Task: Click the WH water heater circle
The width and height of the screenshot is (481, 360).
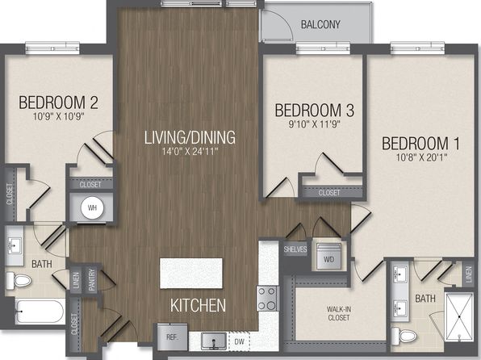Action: click(92, 207)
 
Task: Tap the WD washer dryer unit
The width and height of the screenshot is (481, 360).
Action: click(328, 257)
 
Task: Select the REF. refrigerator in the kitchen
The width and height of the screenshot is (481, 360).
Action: click(172, 337)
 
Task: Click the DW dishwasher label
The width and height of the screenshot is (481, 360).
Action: click(239, 341)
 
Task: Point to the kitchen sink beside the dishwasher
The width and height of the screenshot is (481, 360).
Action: click(214, 341)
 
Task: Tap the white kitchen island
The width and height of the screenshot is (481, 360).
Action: click(190, 273)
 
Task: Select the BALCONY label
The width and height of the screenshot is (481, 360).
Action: click(320, 24)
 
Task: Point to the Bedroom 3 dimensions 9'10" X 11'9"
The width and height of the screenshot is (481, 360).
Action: click(315, 124)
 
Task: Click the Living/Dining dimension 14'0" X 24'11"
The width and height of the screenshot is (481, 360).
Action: click(190, 151)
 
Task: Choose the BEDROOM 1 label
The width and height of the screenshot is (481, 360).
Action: click(421, 144)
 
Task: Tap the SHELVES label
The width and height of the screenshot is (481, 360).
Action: click(295, 249)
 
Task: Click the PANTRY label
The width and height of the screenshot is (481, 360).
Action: click(91, 280)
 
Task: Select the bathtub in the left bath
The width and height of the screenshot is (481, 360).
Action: click(40, 312)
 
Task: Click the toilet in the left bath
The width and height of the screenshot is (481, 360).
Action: click(19, 281)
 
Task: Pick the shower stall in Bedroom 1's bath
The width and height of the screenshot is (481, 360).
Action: click(459, 316)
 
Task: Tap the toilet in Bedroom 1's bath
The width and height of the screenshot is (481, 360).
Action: click(404, 336)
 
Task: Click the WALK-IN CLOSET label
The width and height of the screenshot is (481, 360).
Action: click(339, 313)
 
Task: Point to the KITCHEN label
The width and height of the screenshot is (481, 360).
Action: click(199, 306)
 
